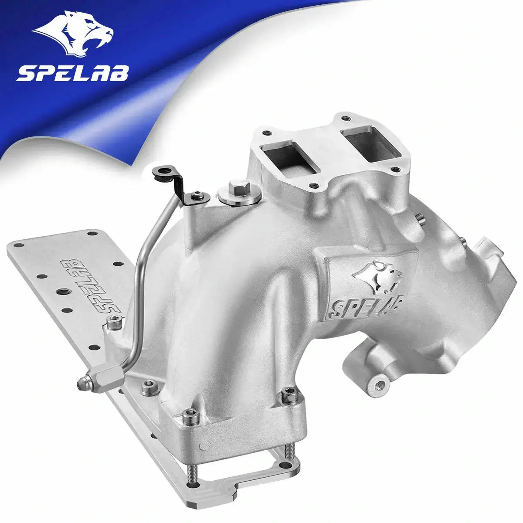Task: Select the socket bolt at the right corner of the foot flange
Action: (x=287, y=396)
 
